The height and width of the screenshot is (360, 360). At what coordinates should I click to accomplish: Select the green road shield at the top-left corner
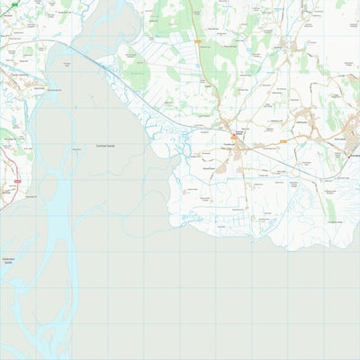pos(13,4)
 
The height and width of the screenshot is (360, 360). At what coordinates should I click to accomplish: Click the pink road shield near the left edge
pos(15,181)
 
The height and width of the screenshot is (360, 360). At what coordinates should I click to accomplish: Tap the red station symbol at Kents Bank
pos(350,155)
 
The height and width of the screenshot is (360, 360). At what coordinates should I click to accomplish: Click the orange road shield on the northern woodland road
pos(196,41)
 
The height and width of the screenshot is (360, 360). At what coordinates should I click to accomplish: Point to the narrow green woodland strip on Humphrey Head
pos(330,207)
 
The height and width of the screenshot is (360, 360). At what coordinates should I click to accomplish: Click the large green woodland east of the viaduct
pos(135,72)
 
